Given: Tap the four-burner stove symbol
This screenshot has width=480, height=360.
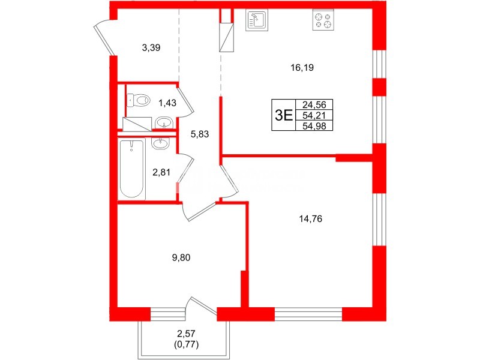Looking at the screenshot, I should click(x=323, y=22).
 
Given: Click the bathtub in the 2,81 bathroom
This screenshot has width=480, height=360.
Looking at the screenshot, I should click(x=131, y=169).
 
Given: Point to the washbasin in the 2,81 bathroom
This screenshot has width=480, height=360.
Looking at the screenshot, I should click(x=160, y=143).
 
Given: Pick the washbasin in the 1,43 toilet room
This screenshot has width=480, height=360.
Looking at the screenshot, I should click(x=164, y=124).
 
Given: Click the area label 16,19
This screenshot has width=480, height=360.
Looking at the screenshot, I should click(x=302, y=68).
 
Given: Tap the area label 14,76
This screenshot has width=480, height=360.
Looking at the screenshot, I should click(x=311, y=220).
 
